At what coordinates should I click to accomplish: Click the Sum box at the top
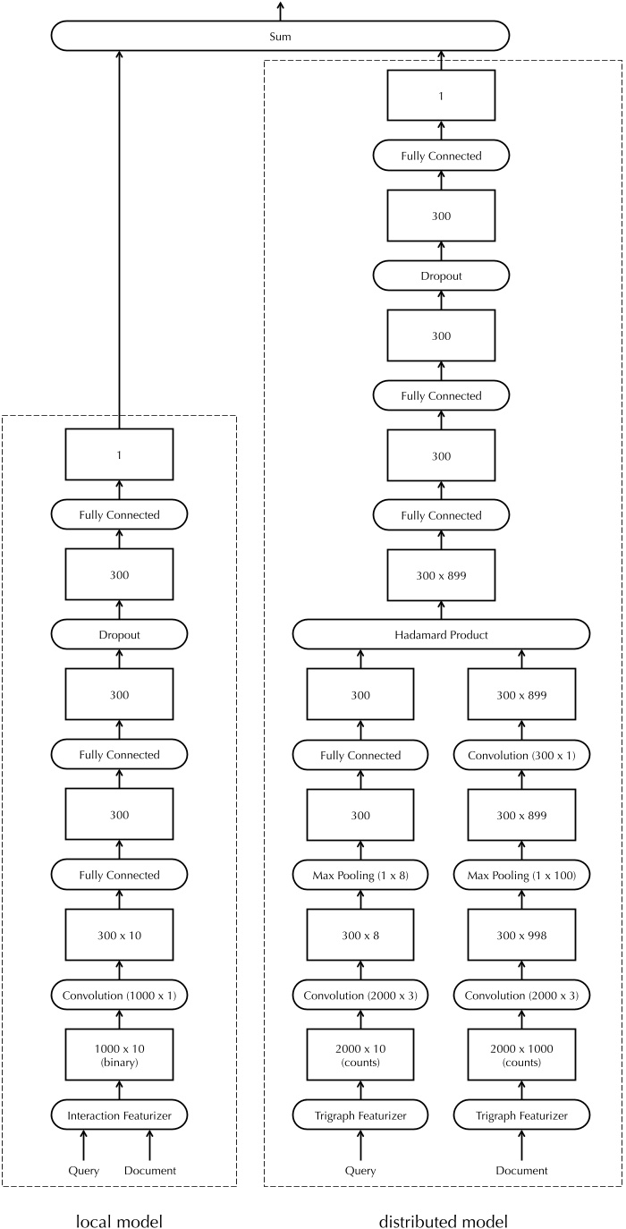pos(280,37)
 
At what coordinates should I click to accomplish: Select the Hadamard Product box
pos(441,634)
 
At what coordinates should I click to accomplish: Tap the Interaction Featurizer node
pos(118,1115)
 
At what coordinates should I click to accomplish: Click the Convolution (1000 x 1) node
pos(118,995)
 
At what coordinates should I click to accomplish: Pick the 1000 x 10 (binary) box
pos(118,1055)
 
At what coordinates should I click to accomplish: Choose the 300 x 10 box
pos(118,935)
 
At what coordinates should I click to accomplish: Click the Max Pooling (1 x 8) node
pos(360,875)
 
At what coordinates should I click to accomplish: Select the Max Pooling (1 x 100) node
pos(521,875)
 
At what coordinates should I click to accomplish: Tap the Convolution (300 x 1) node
pos(521,755)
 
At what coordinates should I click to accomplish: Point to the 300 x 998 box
pos(521,935)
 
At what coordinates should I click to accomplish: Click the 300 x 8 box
pos(360,935)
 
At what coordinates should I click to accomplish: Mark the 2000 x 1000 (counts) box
pos(521,1055)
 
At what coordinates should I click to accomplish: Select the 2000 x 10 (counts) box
pos(360,1055)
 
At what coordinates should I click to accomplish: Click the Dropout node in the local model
pos(118,634)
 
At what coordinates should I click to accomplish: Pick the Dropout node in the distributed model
pos(441,275)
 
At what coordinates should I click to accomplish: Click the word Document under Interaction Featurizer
pos(150,1170)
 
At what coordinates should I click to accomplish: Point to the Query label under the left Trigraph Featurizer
pos(360,1170)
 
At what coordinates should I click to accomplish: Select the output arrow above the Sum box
pos(280,11)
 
